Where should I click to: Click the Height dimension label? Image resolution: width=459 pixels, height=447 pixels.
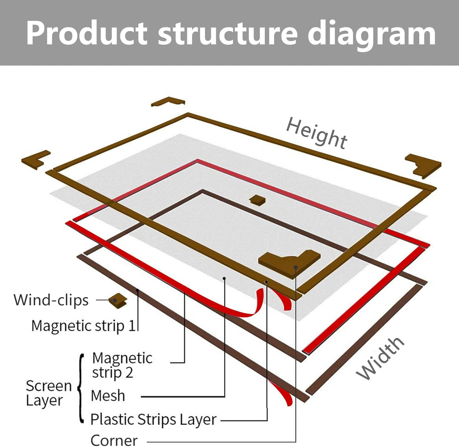pos(317,133)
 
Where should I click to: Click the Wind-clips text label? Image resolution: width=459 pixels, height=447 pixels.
pos(51,300)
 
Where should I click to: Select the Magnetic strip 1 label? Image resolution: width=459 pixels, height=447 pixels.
pos(83,325)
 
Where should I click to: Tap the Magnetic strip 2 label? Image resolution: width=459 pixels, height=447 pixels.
pos(122,365)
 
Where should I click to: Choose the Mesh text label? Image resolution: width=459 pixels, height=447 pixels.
pos(108,396)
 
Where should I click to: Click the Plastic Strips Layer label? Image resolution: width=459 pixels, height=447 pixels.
pos(153,419)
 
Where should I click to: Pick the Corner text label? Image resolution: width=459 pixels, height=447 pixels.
pos(114,441)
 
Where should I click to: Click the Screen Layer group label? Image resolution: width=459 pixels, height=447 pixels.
pos(48,393)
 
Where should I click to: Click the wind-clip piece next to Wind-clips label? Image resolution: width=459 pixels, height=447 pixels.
pos(118,301)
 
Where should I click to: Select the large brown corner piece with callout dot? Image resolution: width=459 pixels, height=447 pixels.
pos(289,262)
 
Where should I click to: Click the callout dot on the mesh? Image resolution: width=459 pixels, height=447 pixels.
pos(224,278)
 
